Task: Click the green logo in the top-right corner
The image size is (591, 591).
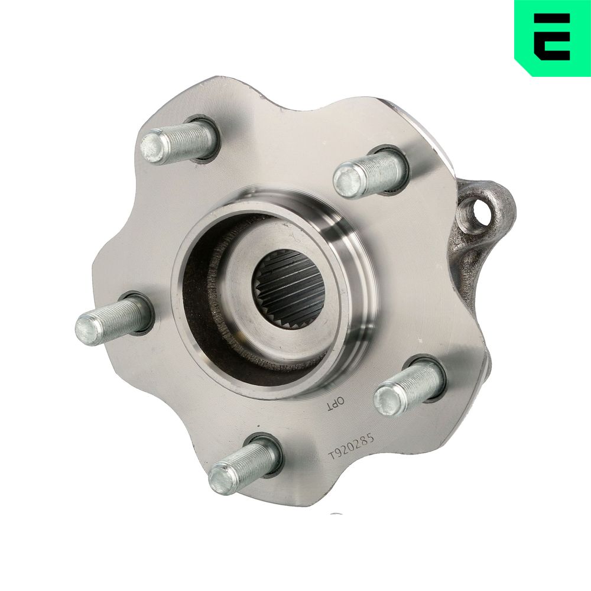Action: click(553, 38)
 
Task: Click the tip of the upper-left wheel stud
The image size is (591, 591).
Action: click(152, 147)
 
